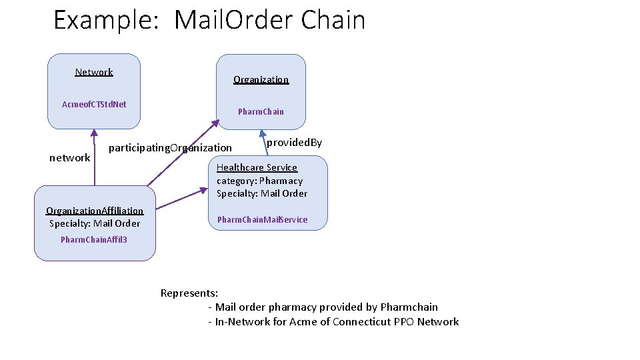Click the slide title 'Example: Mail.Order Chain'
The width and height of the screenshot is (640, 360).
tap(209, 20)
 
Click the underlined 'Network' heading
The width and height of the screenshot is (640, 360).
tap(94, 72)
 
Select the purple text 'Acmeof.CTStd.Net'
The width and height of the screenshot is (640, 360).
tap(94, 104)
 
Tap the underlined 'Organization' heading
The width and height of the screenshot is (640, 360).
tap(261, 79)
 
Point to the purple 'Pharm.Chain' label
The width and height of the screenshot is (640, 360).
tap(261, 111)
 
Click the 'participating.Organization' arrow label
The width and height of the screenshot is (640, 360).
tap(170, 147)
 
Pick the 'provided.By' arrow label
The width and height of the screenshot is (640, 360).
tap(294, 143)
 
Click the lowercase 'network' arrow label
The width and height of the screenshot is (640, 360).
tap(70, 158)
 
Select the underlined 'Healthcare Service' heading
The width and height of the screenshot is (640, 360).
tap(257, 167)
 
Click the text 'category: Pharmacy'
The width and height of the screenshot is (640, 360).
tap(259, 181)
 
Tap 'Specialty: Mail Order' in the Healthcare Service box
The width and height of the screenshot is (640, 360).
tap(262, 193)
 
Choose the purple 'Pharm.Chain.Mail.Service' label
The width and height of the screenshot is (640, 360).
tap(263, 219)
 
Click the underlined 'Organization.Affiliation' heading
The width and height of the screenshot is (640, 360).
tap(95, 211)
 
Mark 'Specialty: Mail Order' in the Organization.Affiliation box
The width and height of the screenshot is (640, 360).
tap(95, 223)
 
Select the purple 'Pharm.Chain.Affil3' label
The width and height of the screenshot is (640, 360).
tap(94, 239)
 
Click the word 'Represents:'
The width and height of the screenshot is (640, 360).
tap(189, 293)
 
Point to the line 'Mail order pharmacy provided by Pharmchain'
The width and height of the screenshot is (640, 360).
tap(326, 307)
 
